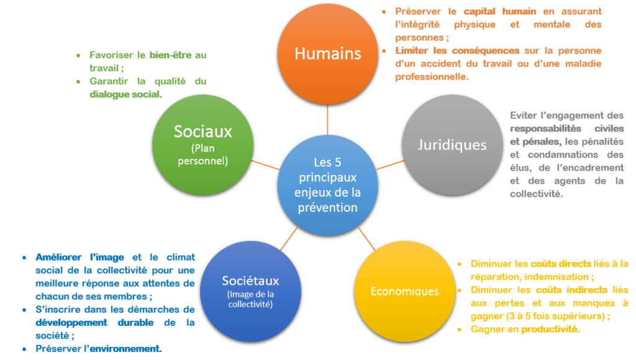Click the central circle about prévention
pyautogui.click(x=327, y=185)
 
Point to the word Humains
pyautogui.click(x=327, y=53)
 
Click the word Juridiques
pyautogui.click(x=452, y=145)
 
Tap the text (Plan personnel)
pyautogui.click(x=203, y=155)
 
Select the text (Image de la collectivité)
pyautogui.click(x=250, y=299)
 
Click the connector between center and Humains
pyautogui.click(x=327, y=120)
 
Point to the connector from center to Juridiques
pyautogui.click(x=390, y=164)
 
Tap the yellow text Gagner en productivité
pyautogui.click(x=525, y=329)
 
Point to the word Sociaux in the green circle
pyautogui.click(x=203, y=131)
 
